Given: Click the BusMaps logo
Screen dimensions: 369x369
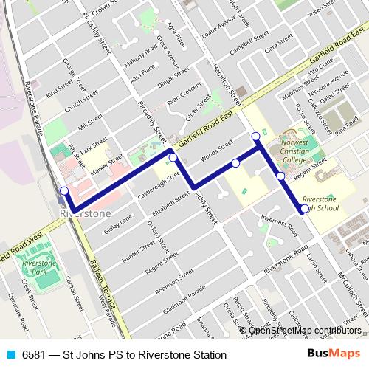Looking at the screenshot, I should [334, 354].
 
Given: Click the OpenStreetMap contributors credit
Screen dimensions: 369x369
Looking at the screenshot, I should [304, 330].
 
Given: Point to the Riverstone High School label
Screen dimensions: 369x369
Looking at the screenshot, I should [320, 204].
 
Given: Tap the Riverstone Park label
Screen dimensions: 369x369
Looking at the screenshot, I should [38, 267].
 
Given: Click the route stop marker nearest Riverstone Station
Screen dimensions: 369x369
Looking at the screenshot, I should [64, 191].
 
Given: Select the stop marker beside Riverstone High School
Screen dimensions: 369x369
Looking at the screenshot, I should [305, 209].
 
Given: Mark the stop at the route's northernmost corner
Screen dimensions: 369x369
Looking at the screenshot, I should [255, 136].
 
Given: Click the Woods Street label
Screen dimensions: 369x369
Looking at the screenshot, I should [216, 152].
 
